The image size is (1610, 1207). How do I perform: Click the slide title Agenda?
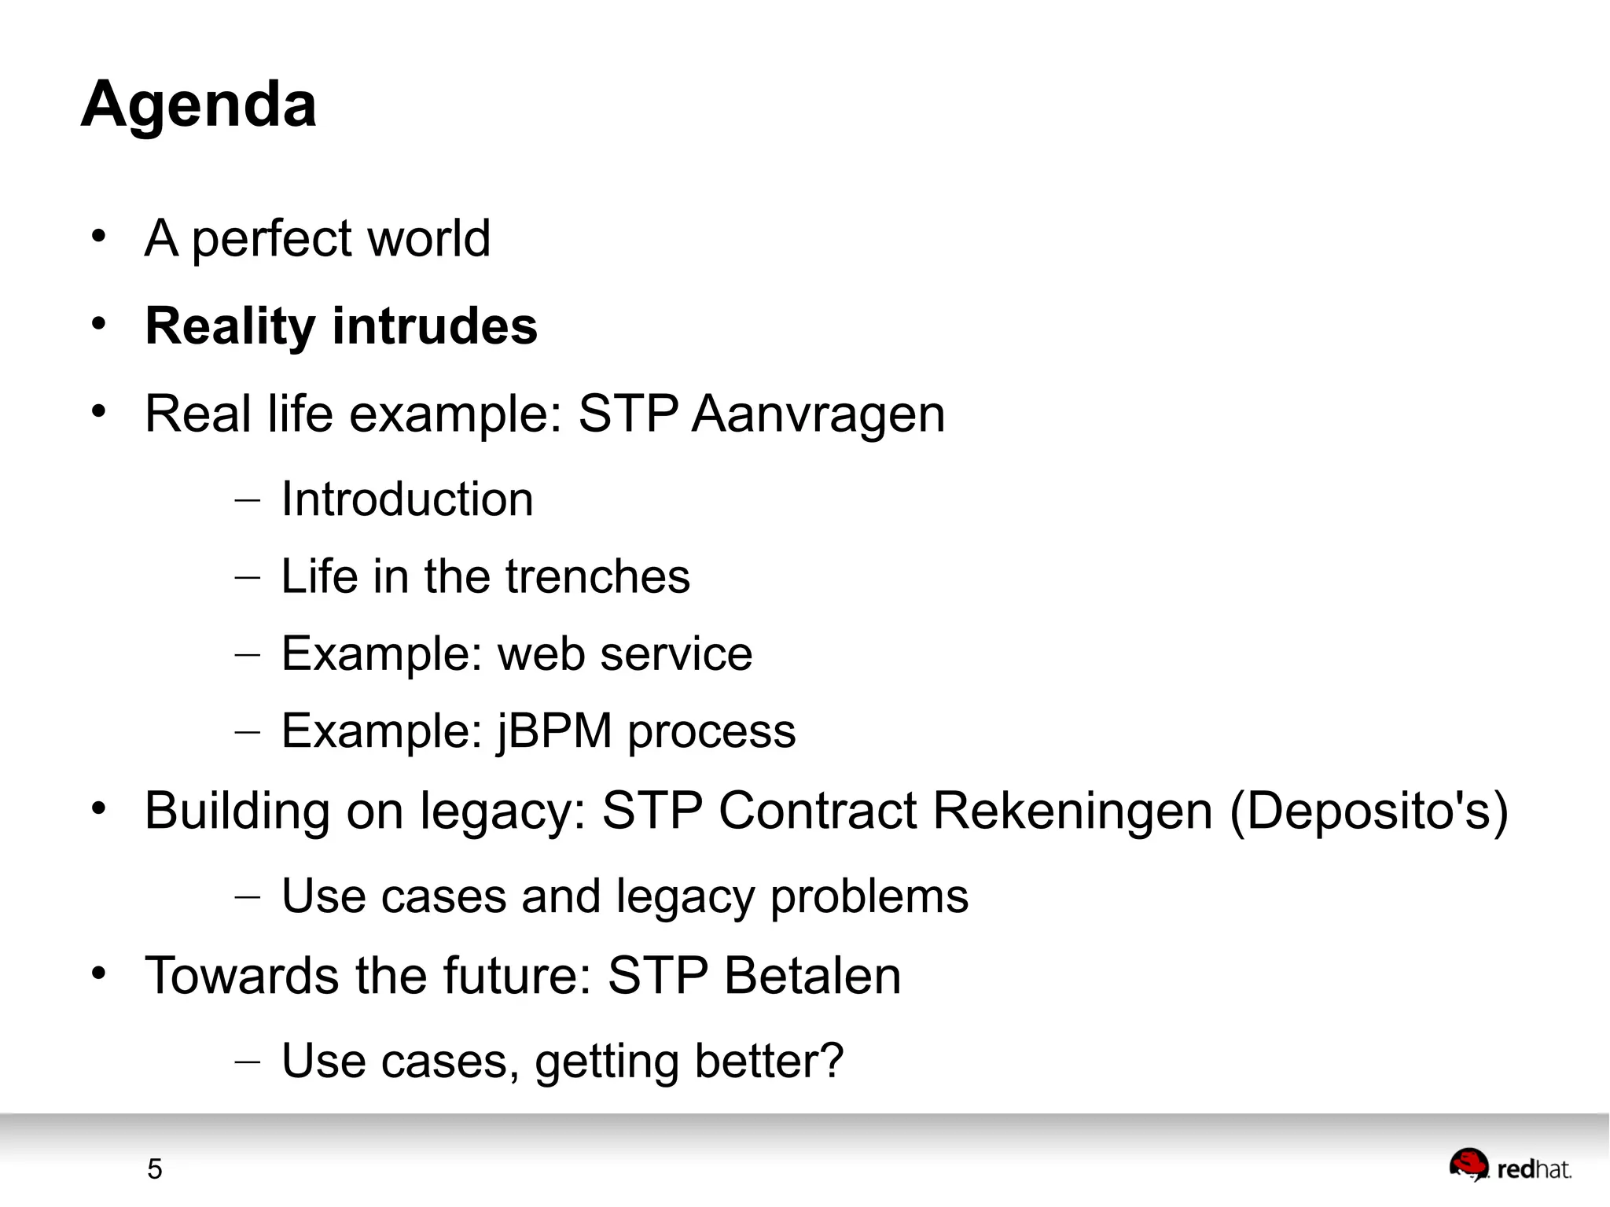pyautogui.click(x=199, y=104)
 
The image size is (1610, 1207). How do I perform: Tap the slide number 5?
pyautogui.click(x=154, y=1169)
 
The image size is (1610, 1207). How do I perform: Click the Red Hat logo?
pyautogui.click(x=1509, y=1167)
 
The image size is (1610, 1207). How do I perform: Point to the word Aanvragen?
pyautogui.click(x=818, y=414)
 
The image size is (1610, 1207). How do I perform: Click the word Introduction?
pyautogui.click(x=407, y=499)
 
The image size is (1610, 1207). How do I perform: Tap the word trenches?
pyautogui.click(x=597, y=576)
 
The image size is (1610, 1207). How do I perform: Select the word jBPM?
pyautogui.click(x=554, y=731)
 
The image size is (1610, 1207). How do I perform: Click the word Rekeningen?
pyautogui.click(x=1072, y=811)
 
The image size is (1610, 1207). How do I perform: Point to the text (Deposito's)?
pyautogui.click(x=1368, y=811)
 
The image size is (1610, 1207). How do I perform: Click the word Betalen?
pyautogui.click(x=812, y=976)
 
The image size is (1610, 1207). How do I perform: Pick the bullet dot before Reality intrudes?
pyautogui.click(x=98, y=324)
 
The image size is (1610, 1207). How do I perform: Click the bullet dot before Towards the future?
pyautogui.click(x=98, y=973)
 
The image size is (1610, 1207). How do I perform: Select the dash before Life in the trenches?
pyautogui.click(x=247, y=577)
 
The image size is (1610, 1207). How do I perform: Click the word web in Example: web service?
pyautogui.click(x=542, y=654)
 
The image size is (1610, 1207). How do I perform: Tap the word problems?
pyautogui.click(x=869, y=897)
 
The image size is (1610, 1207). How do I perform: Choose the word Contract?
pyautogui.click(x=818, y=811)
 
